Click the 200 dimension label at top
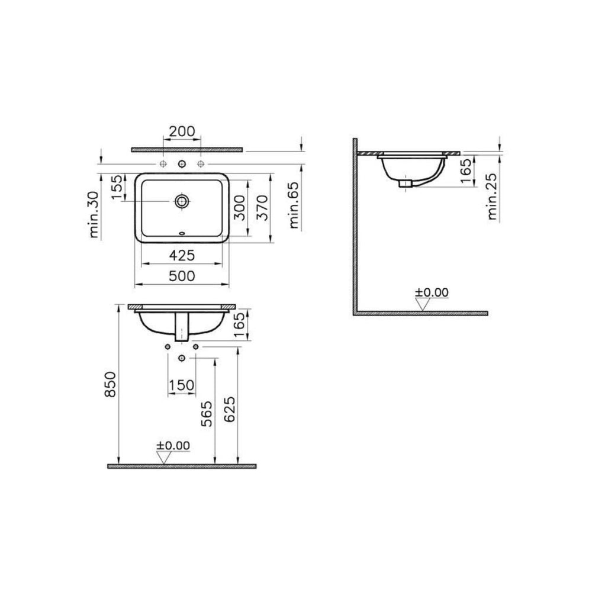(182, 131)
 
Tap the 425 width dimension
(182, 256)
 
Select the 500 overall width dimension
(182, 276)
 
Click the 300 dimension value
(240, 208)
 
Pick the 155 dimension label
(117, 187)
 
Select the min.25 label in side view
(493, 197)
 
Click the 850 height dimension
(111, 384)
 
